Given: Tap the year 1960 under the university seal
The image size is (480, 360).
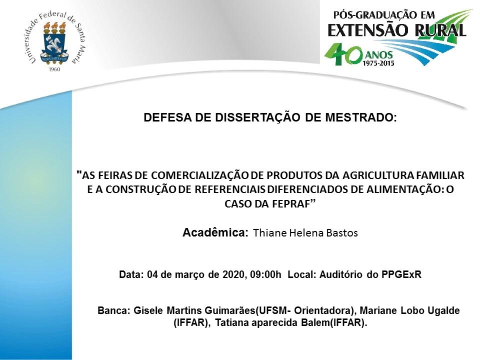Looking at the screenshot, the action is tap(54, 69).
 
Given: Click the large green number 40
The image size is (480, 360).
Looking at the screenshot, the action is tap(343, 54).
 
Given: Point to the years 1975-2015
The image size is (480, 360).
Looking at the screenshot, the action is tap(378, 63).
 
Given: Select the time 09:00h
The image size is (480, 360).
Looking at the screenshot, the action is tap(265, 274).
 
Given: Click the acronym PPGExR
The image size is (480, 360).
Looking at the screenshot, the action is tap(401, 274).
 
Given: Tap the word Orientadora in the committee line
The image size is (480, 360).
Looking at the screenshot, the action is tap(323, 310).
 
